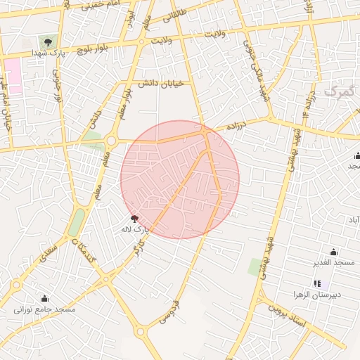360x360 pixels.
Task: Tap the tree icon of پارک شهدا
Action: pyautogui.click(x=48, y=42)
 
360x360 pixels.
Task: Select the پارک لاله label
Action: pyautogui.click(x=141, y=229)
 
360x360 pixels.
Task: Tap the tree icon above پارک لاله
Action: pyautogui.click(x=134, y=219)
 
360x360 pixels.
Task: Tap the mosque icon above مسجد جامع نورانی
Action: pyautogui.click(x=45, y=299)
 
